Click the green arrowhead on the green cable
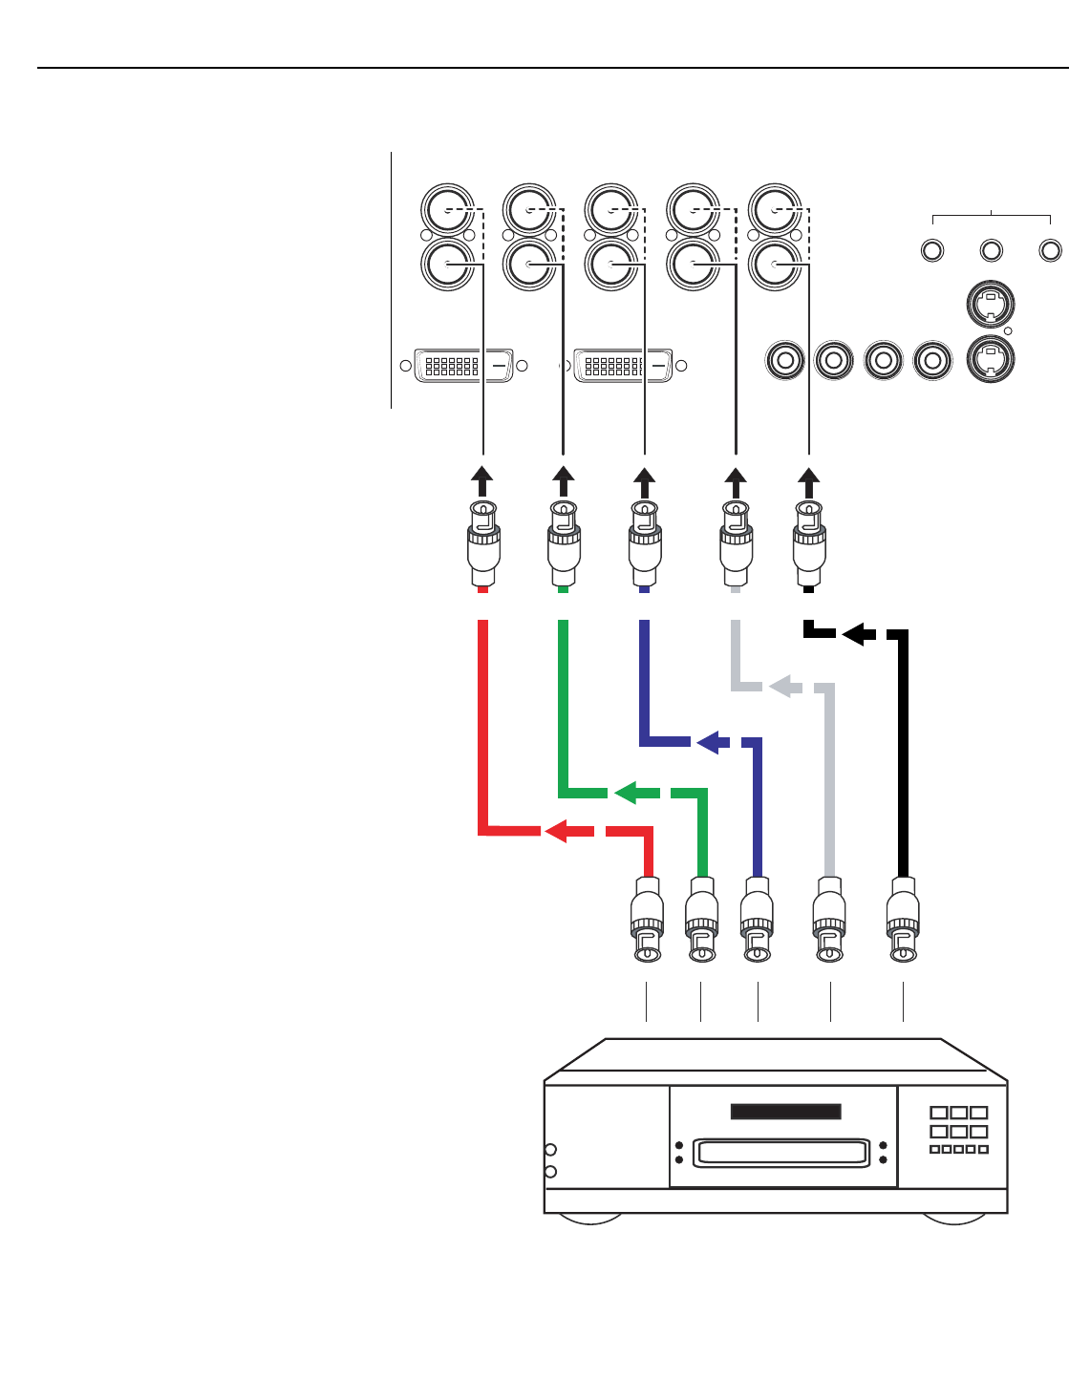pos(626,792)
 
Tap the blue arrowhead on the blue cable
pos(708,741)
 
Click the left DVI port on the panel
pos(463,365)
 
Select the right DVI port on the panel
pos(623,365)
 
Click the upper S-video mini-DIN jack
pos(991,305)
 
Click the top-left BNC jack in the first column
pos(447,208)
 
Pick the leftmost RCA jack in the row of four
pos(785,360)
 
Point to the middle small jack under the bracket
pos(992,250)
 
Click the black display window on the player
pos(785,1112)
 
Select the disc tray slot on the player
pos(781,1152)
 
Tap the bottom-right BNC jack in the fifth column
pos(774,265)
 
